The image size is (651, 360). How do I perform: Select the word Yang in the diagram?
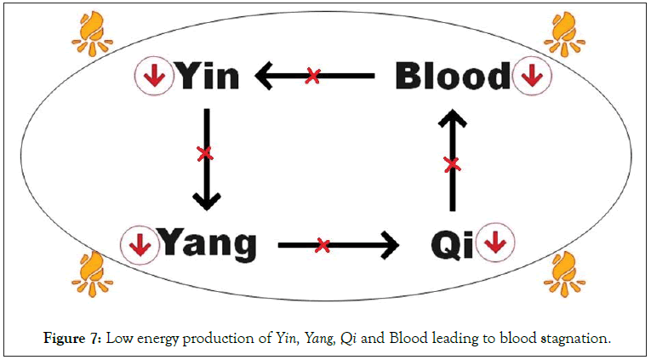208,244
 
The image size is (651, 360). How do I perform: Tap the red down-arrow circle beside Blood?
532,77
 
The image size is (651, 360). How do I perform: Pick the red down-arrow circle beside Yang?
139,244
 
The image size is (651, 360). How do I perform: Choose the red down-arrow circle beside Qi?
494,244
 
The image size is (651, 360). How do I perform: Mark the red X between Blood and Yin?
312,77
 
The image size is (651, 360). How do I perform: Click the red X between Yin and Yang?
204,154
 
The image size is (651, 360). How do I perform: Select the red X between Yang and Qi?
323,245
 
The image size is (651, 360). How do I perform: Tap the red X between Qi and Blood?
452,163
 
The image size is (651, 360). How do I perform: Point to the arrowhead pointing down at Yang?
205,201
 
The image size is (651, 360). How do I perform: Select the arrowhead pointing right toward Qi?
390,245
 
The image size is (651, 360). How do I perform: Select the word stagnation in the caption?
573,338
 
